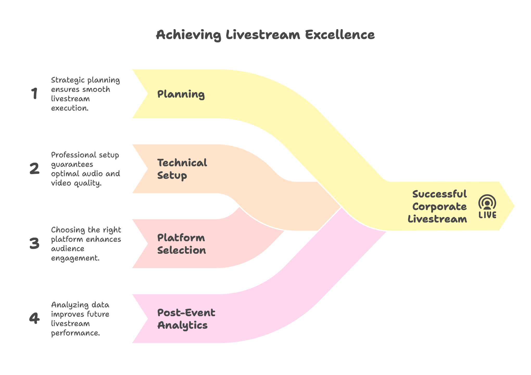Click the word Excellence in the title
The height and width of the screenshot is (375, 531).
(x=340, y=35)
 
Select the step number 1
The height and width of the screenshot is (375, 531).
(x=34, y=94)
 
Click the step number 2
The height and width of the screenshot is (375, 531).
(x=34, y=169)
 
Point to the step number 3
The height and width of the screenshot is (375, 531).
(x=34, y=244)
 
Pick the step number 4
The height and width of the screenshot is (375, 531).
(x=34, y=318)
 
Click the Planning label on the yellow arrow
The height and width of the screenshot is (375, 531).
(x=181, y=94)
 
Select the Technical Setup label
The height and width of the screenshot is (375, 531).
(x=182, y=169)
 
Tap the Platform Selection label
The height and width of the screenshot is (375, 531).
(x=181, y=244)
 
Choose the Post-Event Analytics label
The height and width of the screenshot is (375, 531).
(x=186, y=319)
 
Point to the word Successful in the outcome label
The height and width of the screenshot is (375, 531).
(x=440, y=194)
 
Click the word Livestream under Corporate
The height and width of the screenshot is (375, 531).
(x=437, y=219)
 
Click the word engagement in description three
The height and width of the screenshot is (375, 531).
(x=75, y=258)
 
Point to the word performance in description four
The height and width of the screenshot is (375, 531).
(x=75, y=333)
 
